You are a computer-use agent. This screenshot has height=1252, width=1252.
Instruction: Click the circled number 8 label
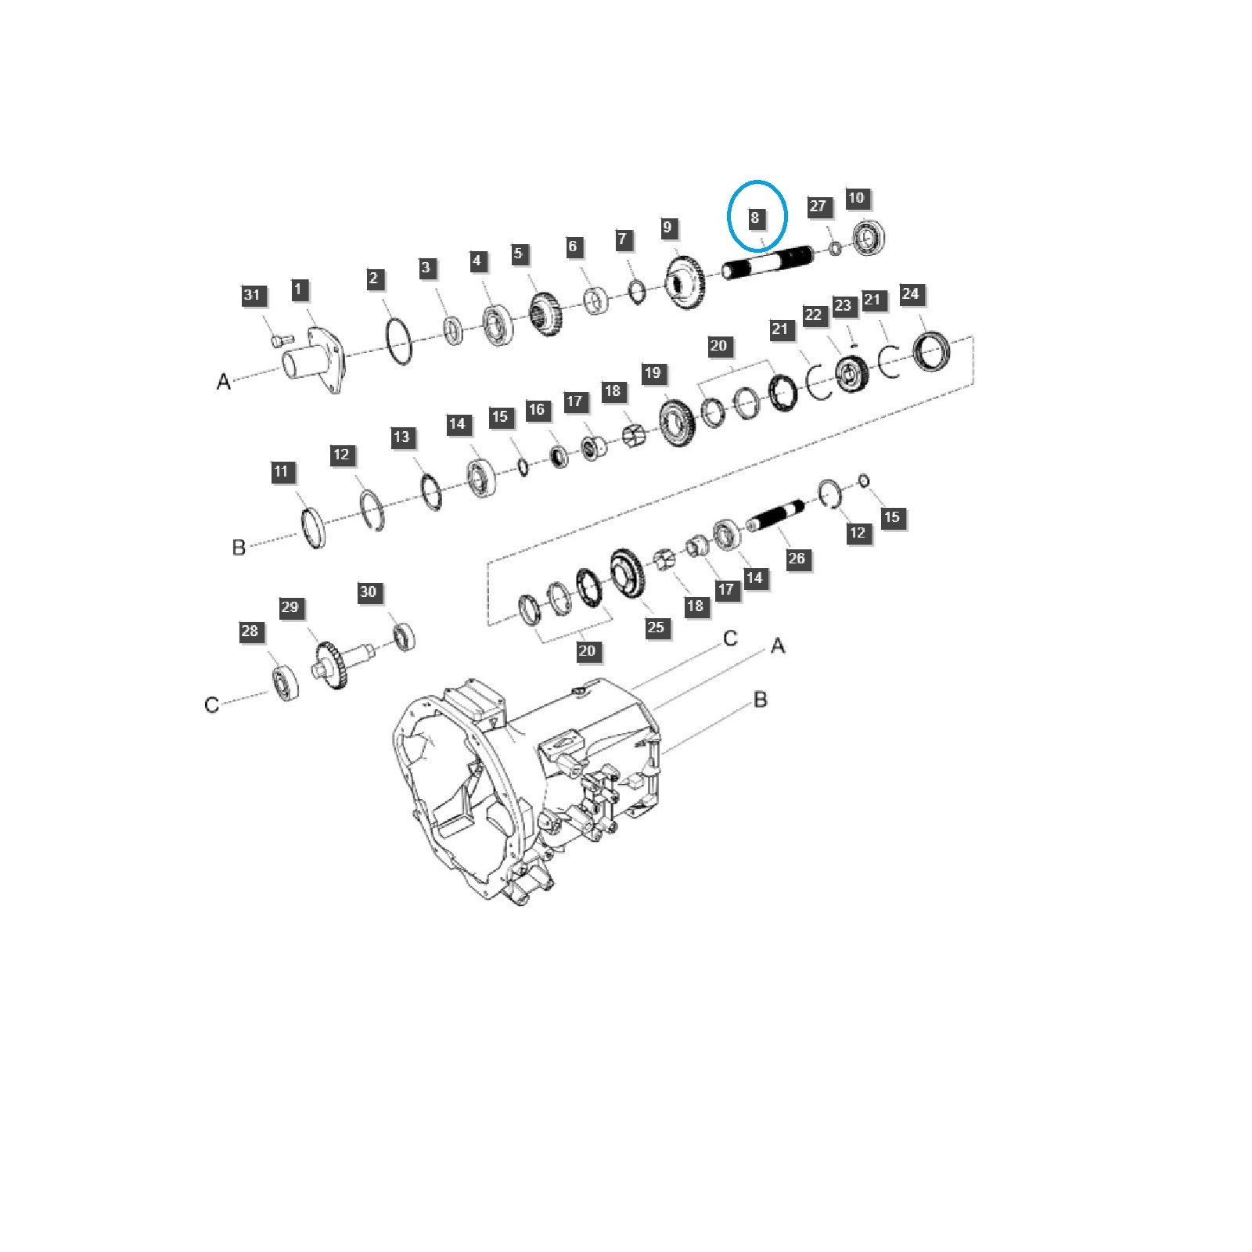[x=755, y=218]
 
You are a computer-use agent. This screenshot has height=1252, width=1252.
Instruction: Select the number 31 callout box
[x=251, y=295]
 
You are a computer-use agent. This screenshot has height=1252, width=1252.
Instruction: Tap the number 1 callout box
[x=298, y=290]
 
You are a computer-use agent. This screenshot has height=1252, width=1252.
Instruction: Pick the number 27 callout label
[x=818, y=206]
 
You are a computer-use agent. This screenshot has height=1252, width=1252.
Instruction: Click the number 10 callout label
[x=857, y=198]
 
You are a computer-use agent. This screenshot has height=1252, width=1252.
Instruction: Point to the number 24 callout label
[x=910, y=294]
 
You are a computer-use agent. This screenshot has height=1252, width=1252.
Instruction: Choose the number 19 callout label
[x=653, y=373]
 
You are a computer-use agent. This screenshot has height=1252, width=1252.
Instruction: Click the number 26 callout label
[x=797, y=558]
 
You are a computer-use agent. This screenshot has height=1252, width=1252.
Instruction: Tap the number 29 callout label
[x=290, y=607]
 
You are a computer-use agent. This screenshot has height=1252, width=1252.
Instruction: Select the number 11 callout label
[x=282, y=472]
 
